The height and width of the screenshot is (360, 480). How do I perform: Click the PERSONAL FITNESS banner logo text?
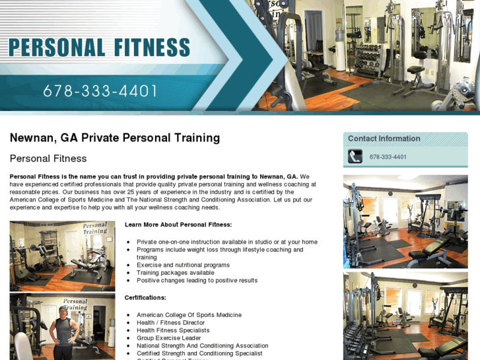[x=99, y=48]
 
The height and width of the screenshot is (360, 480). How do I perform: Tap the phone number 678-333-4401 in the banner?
[x=100, y=91]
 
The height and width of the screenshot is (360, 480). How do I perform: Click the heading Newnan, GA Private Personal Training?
[x=115, y=138]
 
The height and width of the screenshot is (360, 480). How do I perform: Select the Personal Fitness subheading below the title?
[x=48, y=159]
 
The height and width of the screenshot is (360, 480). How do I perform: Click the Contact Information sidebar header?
[x=384, y=139]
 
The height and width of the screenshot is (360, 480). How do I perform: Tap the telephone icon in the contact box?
[x=355, y=157]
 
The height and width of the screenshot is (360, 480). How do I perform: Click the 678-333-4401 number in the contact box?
[x=388, y=157]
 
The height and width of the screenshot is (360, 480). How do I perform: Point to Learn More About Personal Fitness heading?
[x=178, y=225]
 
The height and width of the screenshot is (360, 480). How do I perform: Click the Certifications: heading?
[x=145, y=298]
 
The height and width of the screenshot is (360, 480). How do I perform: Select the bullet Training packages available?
[x=175, y=273]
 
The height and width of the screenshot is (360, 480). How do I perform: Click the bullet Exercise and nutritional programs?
[x=183, y=265]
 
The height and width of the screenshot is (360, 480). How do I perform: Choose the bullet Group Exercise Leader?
[x=168, y=338]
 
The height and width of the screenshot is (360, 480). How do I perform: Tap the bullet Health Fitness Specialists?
[x=173, y=330]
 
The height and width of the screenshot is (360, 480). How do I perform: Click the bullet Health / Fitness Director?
[x=170, y=322]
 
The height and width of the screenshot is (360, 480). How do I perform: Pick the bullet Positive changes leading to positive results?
[x=197, y=281]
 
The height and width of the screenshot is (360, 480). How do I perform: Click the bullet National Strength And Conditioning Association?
[x=202, y=345]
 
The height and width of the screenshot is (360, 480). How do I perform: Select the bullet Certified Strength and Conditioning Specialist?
[x=199, y=353]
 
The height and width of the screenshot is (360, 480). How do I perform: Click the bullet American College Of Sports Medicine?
[x=189, y=315]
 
